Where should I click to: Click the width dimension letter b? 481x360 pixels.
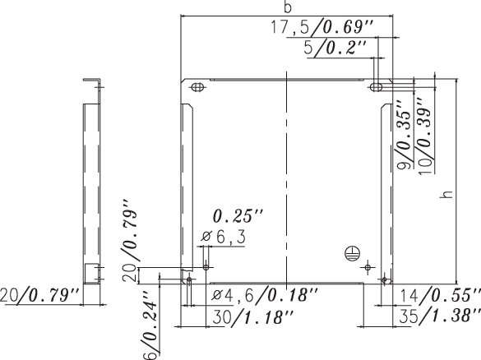click(x=288, y=7)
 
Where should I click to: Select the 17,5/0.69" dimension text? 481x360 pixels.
click(x=321, y=27)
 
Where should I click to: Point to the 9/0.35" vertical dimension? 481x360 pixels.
click(x=405, y=134)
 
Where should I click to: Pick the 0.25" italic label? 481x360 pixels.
click(x=238, y=216)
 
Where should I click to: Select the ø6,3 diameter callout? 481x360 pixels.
click(x=224, y=237)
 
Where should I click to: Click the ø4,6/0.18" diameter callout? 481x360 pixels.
click(x=265, y=295)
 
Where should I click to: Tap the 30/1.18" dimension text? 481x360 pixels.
click(x=252, y=316)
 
